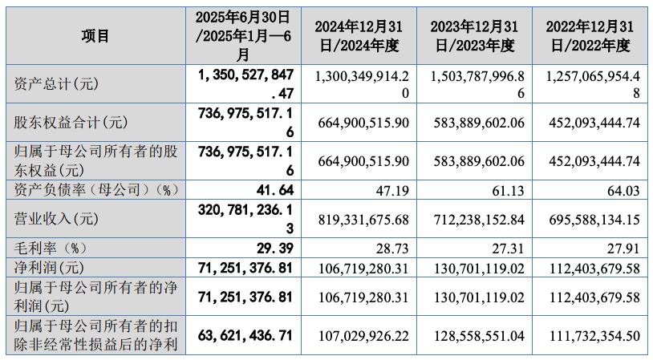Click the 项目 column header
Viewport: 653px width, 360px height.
point(95,35)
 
